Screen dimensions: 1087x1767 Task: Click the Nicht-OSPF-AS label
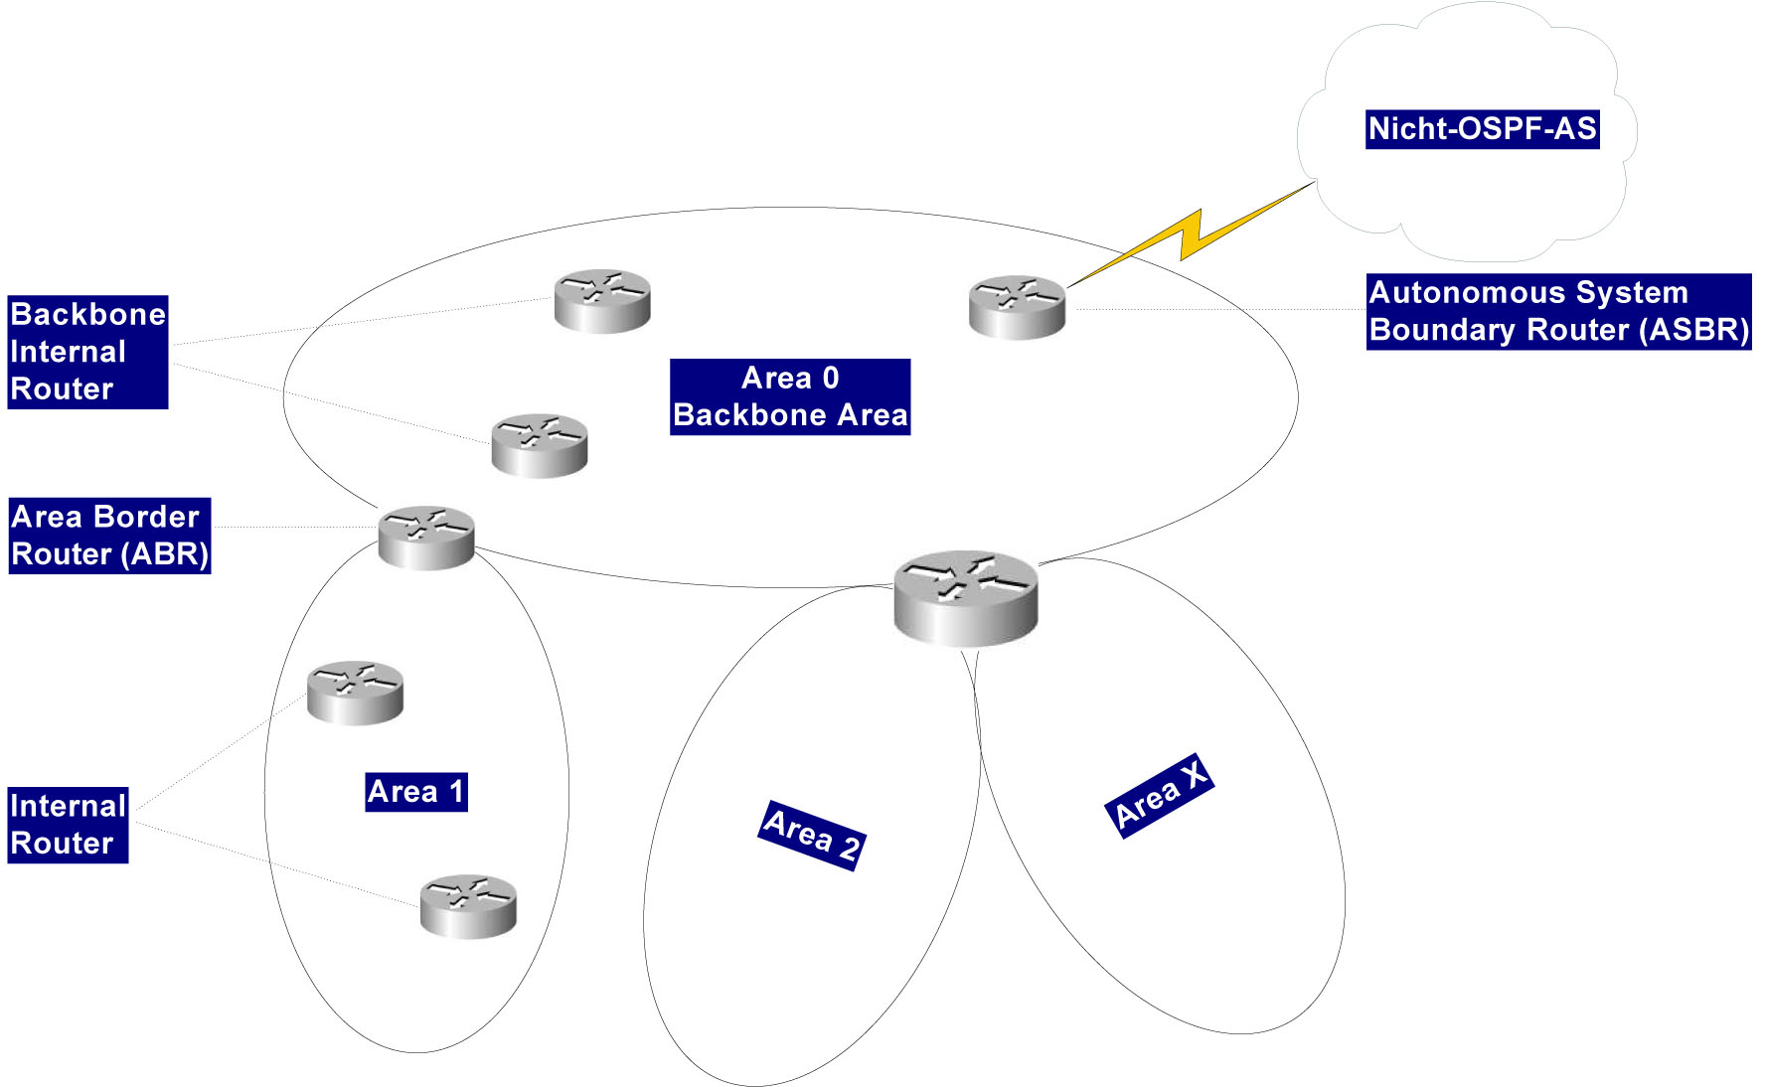(x=1482, y=129)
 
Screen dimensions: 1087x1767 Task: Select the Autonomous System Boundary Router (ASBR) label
(x=1557, y=311)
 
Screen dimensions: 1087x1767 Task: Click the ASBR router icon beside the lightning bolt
(x=1017, y=307)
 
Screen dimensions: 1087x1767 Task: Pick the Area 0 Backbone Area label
(x=790, y=396)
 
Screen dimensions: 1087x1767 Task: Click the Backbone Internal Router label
(x=87, y=352)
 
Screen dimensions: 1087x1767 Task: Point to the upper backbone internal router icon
(x=602, y=300)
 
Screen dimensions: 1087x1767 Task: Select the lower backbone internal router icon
(x=540, y=445)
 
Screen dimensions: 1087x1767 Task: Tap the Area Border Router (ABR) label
(x=109, y=536)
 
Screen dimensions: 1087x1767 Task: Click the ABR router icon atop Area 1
(x=426, y=538)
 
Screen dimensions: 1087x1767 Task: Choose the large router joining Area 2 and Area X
(x=965, y=598)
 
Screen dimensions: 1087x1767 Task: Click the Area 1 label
(x=415, y=792)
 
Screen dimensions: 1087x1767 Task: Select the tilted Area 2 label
(x=812, y=835)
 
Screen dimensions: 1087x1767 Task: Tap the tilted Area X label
(x=1159, y=795)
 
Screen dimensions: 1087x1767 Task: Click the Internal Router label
(x=68, y=825)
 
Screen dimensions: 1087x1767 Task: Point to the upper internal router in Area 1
(x=355, y=692)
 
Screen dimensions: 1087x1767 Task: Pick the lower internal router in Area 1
(x=468, y=906)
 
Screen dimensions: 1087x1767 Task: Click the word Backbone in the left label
(x=87, y=315)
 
